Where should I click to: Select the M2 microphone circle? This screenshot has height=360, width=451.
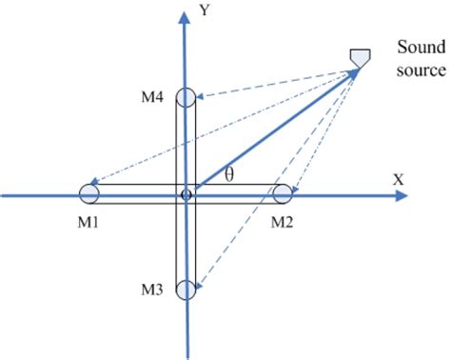pyautogui.click(x=283, y=194)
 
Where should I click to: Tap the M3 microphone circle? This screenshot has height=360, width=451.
pyautogui.click(x=186, y=290)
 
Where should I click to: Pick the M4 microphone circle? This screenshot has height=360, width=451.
pyautogui.click(x=186, y=97)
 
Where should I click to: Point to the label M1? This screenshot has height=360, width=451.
pyautogui.click(x=91, y=223)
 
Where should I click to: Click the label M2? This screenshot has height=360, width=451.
pyautogui.click(x=283, y=223)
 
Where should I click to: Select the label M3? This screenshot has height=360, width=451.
pyautogui.click(x=154, y=290)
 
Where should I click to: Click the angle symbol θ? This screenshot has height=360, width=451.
pyautogui.click(x=228, y=173)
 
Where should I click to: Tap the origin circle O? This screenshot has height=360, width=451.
pyautogui.click(x=186, y=194)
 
